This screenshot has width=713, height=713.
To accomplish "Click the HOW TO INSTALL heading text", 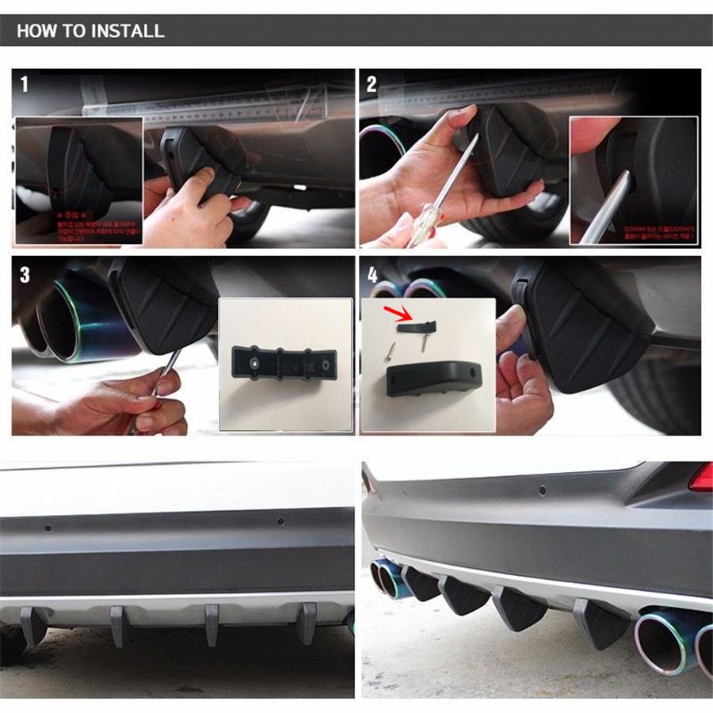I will (90, 32).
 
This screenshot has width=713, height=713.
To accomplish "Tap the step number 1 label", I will (24, 83).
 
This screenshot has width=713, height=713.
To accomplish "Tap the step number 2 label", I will (372, 83).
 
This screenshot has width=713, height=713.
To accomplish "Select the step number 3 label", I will (25, 275).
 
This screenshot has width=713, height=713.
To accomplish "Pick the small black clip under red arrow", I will (418, 326).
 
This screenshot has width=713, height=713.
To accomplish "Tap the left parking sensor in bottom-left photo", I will (48, 526).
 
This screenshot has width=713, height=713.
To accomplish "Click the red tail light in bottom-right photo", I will (700, 478).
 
